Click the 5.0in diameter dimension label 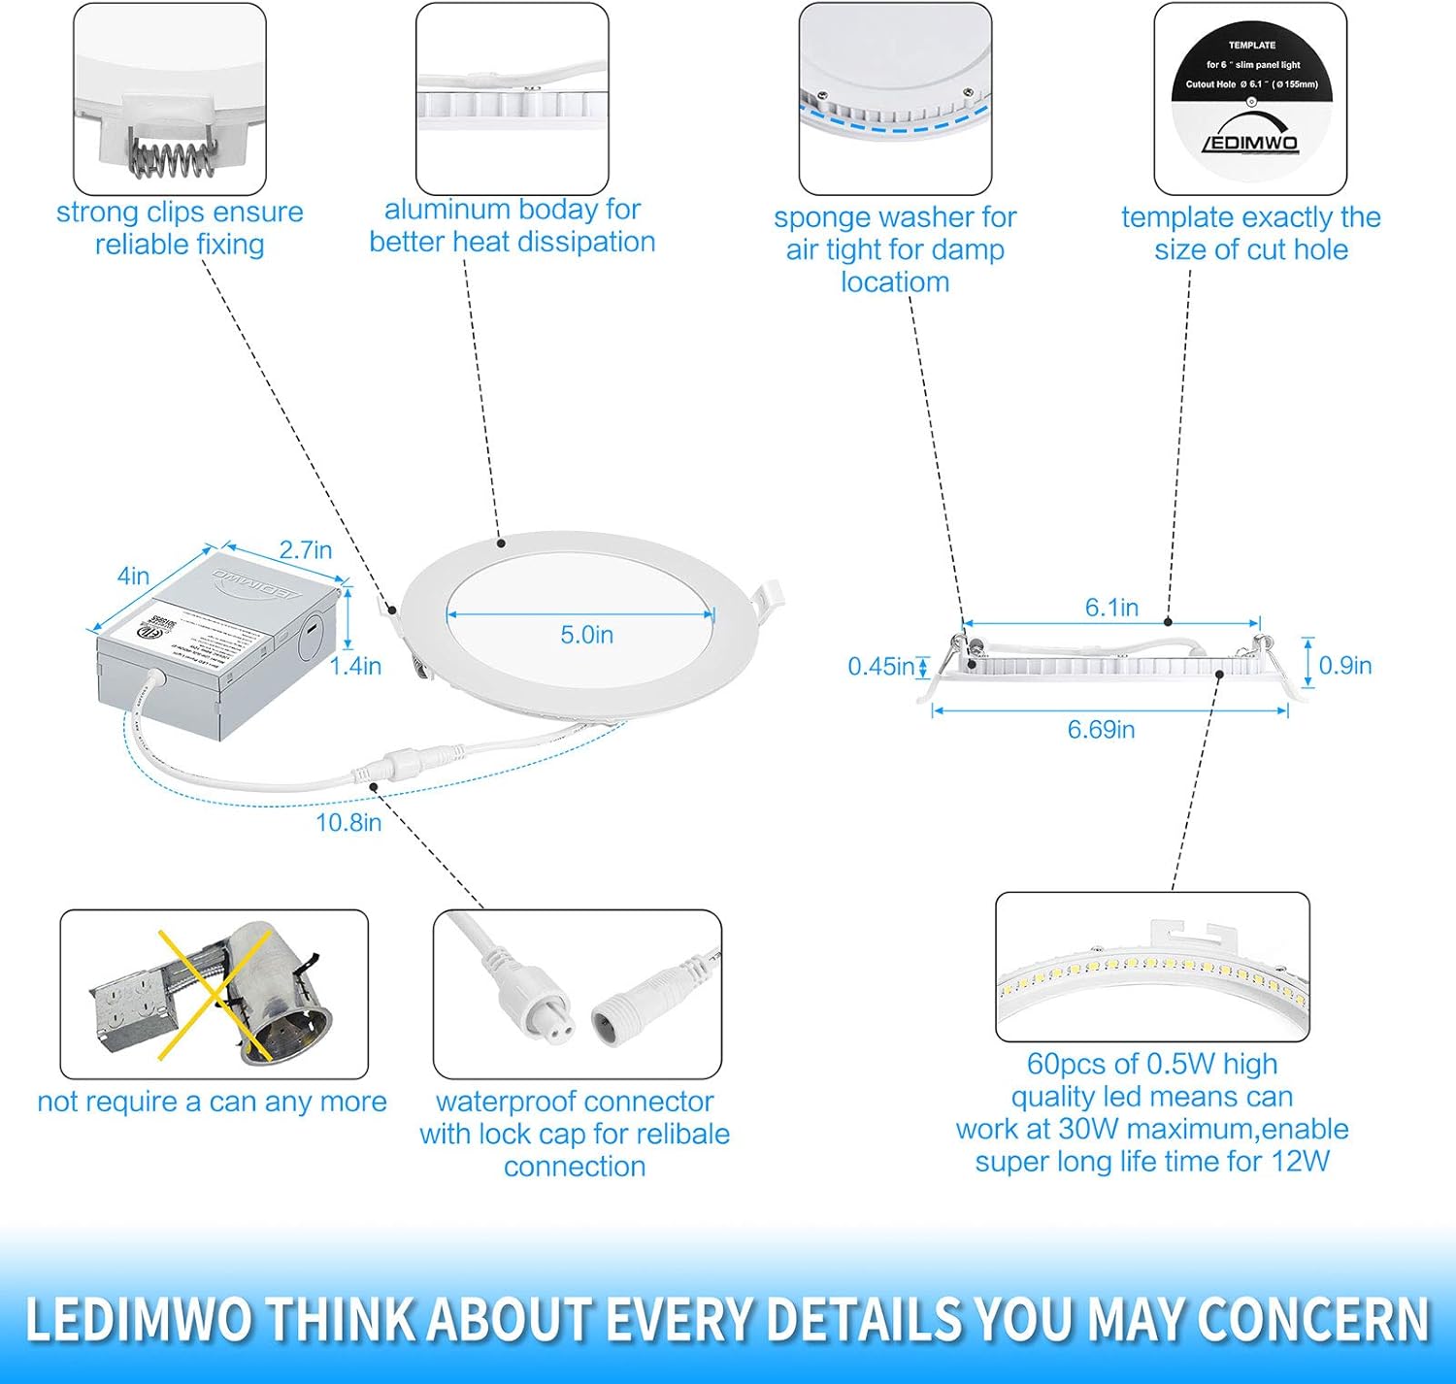[x=586, y=635]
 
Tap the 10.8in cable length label [x=348, y=823]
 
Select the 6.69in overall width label [x=1101, y=730]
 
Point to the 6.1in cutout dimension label [x=1111, y=608]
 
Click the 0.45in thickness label [x=879, y=667]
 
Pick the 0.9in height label [x=1344, y=666]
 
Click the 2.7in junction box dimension [x=306, y=550]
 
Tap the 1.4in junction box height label [x=355, y=666]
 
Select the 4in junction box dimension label [x=133, y=576]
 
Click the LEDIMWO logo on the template [x=1250, y=142]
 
